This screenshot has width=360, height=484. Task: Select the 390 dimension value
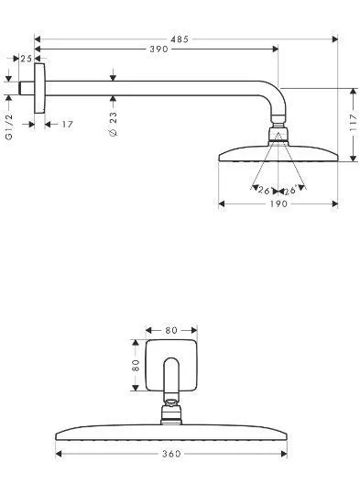(x=158, y=49)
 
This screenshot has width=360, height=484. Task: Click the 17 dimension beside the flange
(x=67, y=124)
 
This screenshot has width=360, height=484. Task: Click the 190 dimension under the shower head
(x=278, y=203)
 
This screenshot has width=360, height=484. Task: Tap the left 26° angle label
(x=265, y=191)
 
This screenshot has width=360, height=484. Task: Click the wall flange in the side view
(x=38, y=89)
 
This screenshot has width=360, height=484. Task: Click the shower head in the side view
(x=278, y=154)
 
